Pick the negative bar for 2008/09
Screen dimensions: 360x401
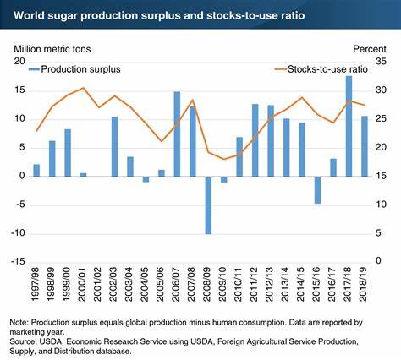[x=207, y=205]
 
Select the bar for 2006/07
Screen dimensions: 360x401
[x=177, y=134]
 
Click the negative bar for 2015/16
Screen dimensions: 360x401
[x=318, y=190]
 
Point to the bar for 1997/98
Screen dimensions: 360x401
[x=36, y=171]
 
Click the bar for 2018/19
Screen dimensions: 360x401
[x=365, y=146]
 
